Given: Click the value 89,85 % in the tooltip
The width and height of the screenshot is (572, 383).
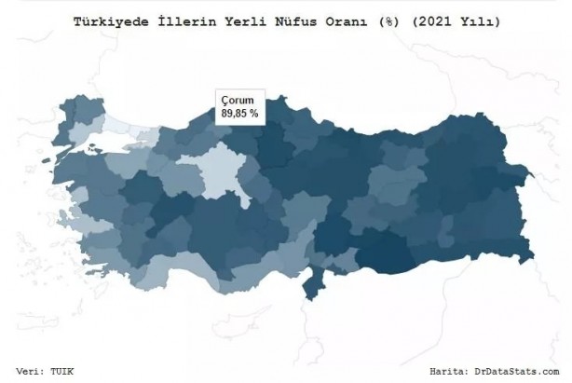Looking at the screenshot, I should tap(239, 113).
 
